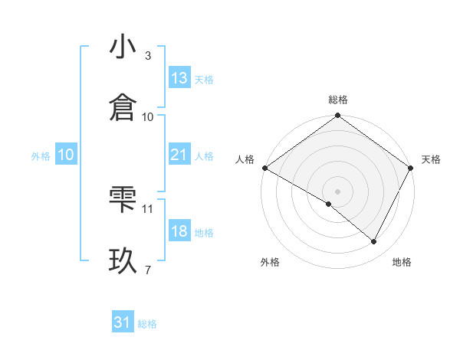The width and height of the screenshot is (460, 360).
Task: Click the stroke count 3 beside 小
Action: click(148, 56)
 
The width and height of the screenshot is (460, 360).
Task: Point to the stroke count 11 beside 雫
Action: click(148, 208)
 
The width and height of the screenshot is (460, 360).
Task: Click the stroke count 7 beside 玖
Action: click(148, 270)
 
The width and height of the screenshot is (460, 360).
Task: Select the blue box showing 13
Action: click(179, 78)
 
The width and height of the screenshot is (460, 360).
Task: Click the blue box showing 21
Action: click(179, 155)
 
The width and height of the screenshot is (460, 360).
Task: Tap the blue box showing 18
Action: click(179, 231)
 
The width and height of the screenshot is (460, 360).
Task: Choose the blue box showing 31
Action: click(123, 322)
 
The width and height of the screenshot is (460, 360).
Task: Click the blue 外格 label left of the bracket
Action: click(41, 155)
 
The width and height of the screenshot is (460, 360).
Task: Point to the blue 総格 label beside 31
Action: click(147, 324)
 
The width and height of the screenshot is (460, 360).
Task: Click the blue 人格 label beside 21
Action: click(204, 155)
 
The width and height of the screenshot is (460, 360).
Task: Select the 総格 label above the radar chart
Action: click(338, 100)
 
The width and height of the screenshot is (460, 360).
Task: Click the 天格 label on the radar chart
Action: click(431, 159)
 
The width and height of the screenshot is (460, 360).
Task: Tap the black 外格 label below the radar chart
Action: click(270, 262)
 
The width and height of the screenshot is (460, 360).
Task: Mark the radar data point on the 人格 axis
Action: click(264, 168)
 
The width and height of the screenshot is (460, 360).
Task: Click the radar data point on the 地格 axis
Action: click(374, 241)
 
